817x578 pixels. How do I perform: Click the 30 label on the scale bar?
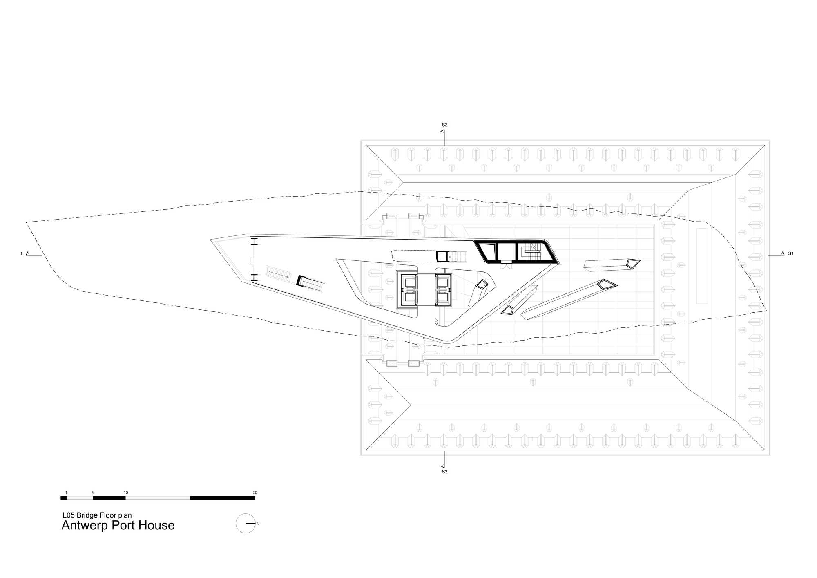pos(255,493)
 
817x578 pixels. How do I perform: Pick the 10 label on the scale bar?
pos(126,493)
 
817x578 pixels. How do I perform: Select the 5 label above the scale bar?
pos(93,493)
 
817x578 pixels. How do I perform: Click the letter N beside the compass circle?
pos(258,523)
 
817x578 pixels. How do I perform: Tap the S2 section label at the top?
pos(444,125)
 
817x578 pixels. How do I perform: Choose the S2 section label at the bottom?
pos(444,472)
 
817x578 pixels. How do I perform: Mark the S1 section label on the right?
pos(790,253)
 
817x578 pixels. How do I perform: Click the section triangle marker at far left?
pos(27,254)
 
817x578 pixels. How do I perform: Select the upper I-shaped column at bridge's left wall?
pos(253,242)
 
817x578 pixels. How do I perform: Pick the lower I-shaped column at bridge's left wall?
pos(253,278)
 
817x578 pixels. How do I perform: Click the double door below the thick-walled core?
pos(507,266)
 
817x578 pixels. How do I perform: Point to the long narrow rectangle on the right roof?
pos(702,266)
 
